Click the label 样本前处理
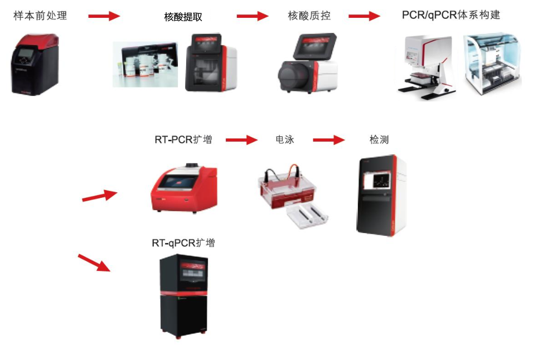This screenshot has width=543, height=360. pos(40,16)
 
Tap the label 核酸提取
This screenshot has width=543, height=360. pos(183,17)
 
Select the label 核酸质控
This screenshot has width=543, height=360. pos(309,16)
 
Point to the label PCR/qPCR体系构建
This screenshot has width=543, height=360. pos(451,15)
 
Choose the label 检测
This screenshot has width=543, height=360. pos(379,139)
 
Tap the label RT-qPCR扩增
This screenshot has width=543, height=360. pos(183,243)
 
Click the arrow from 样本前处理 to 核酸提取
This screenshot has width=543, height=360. pos(104,16)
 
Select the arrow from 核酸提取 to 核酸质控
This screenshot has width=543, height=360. pos(253,16)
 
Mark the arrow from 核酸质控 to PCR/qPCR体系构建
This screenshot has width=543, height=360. pos(365,16)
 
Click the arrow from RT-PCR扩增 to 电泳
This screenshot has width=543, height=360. pos(242,140)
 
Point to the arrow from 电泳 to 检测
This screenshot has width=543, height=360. pos(329,140)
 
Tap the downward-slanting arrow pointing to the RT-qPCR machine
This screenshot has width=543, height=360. pos(94,262)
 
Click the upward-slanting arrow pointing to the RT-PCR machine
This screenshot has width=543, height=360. pos(100,196)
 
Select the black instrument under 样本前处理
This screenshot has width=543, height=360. pos(35,64)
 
